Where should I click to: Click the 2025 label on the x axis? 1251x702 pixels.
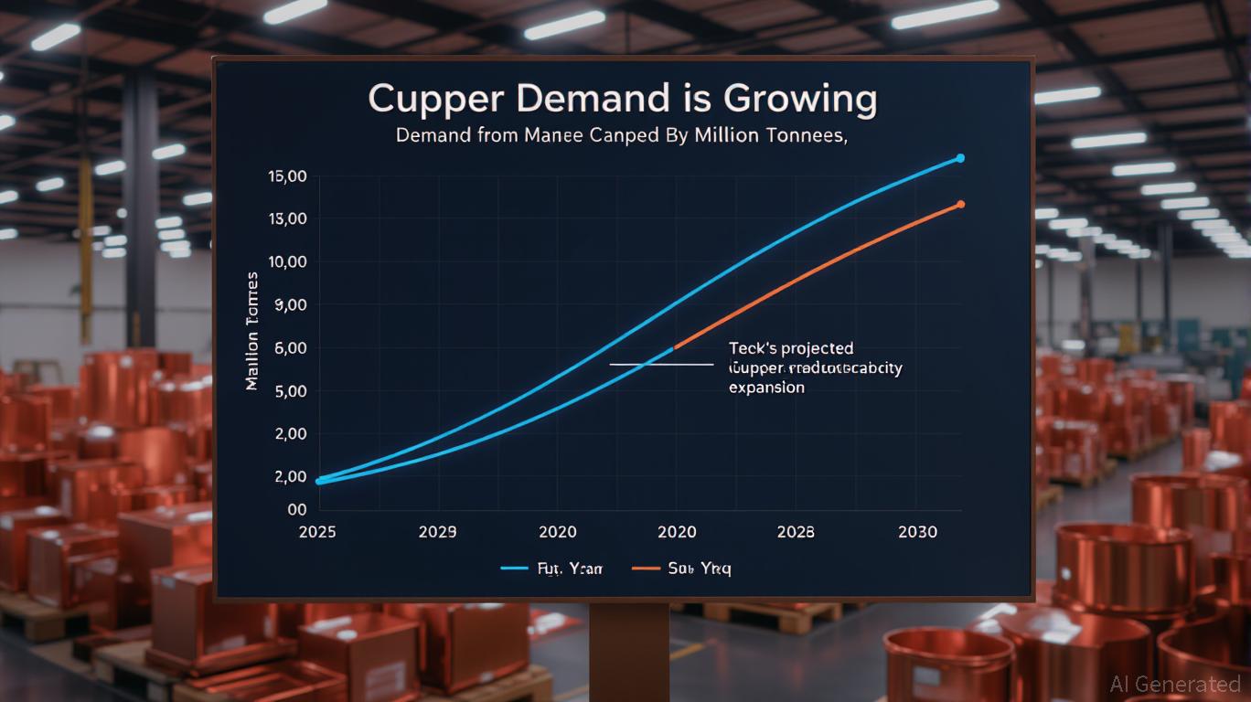pos(318,532)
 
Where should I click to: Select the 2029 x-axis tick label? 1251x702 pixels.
pos(438,532)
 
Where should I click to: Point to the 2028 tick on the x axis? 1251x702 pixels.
pos(796,532)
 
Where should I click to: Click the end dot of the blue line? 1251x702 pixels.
pos(960,158)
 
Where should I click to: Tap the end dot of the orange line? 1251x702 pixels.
pos(960,204)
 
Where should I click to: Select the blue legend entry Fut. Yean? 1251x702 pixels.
pos(551,569)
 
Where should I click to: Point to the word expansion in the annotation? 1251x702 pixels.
pos(766,388)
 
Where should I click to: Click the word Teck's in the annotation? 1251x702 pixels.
pos(754,348)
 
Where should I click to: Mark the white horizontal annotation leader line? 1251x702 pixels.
pos(660,364)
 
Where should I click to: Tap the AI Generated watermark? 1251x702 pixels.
pos(1174,684)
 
